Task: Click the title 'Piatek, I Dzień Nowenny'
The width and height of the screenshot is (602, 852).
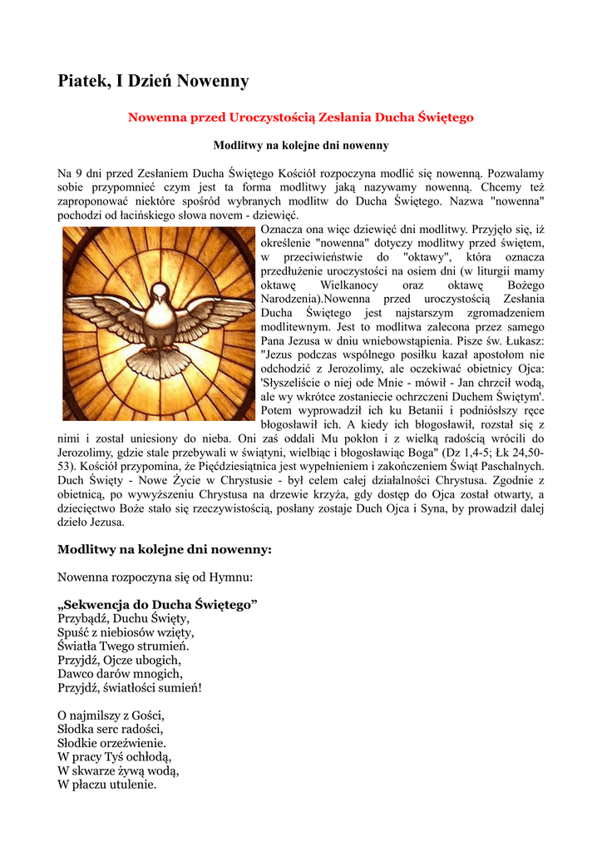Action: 153,81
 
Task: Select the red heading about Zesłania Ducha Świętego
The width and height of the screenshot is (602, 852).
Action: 300,117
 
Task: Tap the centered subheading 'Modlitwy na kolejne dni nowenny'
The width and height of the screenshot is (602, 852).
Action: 300,146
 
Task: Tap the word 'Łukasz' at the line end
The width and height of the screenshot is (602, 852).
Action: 524,340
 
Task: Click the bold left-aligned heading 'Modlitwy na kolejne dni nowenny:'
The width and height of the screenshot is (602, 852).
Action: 165,549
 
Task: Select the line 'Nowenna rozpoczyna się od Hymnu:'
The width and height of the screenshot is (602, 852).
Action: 155,576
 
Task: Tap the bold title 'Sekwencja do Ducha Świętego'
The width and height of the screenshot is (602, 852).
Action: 157,604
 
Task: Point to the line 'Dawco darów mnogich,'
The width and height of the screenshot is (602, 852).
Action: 120,674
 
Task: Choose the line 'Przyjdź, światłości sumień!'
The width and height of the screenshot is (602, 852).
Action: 129,688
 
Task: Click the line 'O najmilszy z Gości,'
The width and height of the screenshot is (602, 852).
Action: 111,715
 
